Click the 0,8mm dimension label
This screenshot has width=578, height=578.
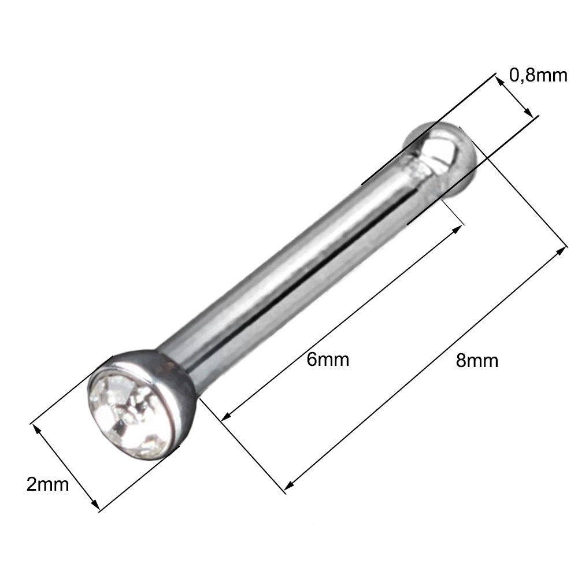click(538, 75)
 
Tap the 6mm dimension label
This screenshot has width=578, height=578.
click(328, 360)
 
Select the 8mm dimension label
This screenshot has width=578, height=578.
click(477, 361)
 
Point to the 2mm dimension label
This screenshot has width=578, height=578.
click(47, 484)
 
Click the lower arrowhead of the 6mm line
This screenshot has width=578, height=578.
click(227, 416)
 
